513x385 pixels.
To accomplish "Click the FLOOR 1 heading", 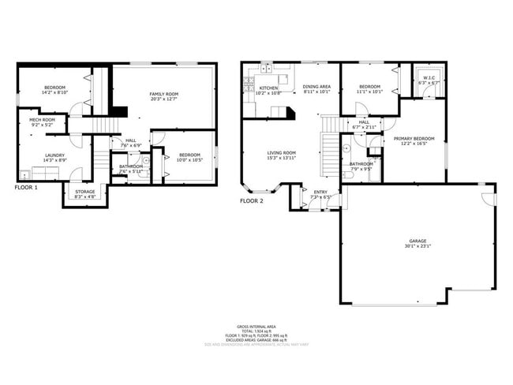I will (x=28, y=189).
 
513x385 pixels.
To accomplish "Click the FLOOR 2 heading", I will (x=253, y=201).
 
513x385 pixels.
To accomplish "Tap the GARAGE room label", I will (x=418, y=241).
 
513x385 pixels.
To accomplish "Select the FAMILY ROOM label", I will (x=164, y=94).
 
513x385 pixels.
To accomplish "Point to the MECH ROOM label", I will (x=43, y=119).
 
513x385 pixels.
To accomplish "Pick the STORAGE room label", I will (x=85, y=191).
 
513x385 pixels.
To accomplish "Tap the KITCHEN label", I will (x=269, y=88).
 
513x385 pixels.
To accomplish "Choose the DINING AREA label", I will (x=316, y=87).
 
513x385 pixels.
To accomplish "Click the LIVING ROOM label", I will (x=281, y=153).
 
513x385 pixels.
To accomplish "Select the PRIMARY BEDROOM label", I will (x=414, y=138).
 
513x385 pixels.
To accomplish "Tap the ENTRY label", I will (x=320, y=192).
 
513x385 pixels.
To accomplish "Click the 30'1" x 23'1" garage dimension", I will (x=418, y=246).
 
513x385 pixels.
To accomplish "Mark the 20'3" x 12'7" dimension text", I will (x=164, y=99).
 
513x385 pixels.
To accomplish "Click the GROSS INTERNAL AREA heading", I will (x=256, y=326).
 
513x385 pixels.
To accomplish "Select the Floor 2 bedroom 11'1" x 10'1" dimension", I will (x=369, y=92).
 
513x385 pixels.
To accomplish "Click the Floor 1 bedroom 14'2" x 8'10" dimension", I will (x=54, y=92).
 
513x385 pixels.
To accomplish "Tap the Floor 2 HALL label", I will (x=364, y=121).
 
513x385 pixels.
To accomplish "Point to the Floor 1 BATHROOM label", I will (x=131, y=166).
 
